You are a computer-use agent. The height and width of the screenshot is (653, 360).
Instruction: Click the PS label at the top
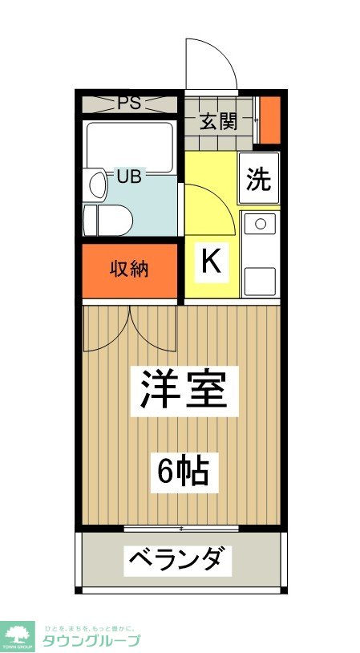[130, 103]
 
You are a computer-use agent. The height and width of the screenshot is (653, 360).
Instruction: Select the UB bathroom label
[130, 176]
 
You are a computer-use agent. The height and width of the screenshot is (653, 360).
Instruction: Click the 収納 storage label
[130, 270]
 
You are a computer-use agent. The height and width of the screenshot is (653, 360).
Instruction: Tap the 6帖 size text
[183, 472]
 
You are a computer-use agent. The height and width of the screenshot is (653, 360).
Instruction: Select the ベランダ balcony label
[179, 558]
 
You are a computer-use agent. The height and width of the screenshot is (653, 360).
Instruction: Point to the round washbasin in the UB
[97, 185]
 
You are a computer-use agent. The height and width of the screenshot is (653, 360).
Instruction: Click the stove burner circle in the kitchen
[259, 224]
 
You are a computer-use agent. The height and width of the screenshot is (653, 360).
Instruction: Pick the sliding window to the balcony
[182, 528]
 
